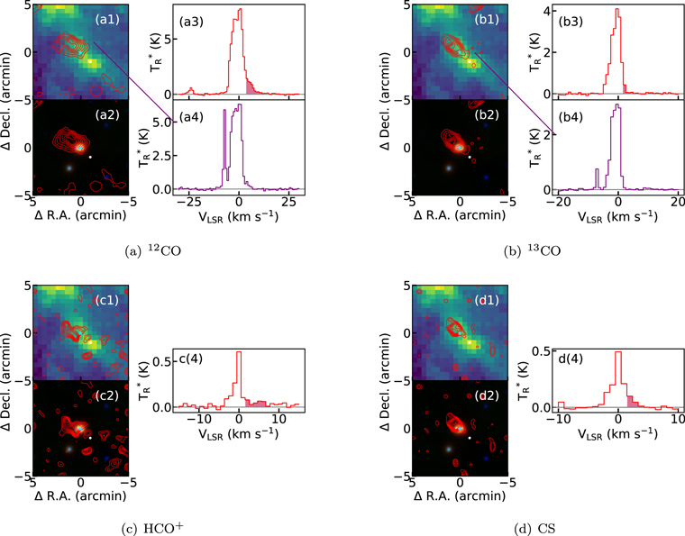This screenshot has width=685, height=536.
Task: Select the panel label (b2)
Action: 489,114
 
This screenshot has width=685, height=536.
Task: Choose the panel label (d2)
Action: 489,395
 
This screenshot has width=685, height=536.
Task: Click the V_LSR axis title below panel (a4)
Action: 239,217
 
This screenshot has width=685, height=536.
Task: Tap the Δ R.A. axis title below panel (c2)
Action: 81,497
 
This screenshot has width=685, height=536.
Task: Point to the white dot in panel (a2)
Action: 90,156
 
